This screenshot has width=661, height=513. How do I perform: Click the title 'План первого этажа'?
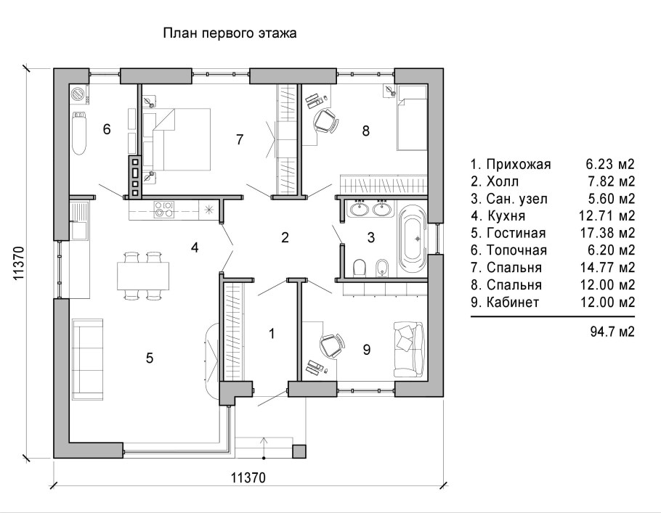click(230, 33)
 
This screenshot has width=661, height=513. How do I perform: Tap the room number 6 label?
click(107, 129)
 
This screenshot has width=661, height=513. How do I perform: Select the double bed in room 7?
click(177, 139)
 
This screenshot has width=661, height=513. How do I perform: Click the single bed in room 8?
click(413, 118)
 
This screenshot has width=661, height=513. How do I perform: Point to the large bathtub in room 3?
click(413, 239)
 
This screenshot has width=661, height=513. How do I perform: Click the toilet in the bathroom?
click(360, 268)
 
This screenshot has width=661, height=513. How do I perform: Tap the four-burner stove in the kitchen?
click(164, 209)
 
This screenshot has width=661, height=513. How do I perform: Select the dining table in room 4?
click(143, 276)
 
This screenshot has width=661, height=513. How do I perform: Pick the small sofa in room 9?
click(409, 349)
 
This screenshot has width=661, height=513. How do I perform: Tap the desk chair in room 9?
click(333, 345)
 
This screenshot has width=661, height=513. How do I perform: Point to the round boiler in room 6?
click(78, 94)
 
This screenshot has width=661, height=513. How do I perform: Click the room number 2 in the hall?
click(285, 237)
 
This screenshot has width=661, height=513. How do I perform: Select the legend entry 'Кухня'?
click(506, 216)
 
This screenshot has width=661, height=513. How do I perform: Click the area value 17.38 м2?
click(607, 233)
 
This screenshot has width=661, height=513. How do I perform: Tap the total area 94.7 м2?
click(612, 332)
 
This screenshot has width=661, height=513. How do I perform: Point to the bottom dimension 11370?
click(248, 478)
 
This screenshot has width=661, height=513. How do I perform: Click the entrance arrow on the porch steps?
click(264, 448)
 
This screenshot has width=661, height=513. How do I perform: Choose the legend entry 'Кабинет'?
click(513, 302)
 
